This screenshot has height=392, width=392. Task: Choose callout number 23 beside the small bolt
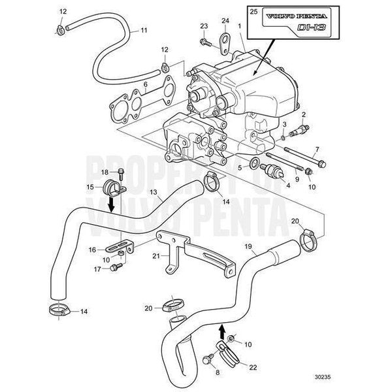click(x=203, y=25)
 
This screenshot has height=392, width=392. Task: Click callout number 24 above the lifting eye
click(x=225, y=21)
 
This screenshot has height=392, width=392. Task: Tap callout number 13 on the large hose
click(x=153, y=193)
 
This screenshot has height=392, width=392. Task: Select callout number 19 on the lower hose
click(x=248, y=246)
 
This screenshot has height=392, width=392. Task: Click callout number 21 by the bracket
click(x=156, y=257)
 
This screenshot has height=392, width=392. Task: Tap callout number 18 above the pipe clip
click(x=105, y=172)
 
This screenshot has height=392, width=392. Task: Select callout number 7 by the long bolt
click(x=317, y=150)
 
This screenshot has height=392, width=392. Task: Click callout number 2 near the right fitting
click(x=304, y=115)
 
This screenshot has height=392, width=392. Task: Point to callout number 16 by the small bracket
click(x=92, y=250)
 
